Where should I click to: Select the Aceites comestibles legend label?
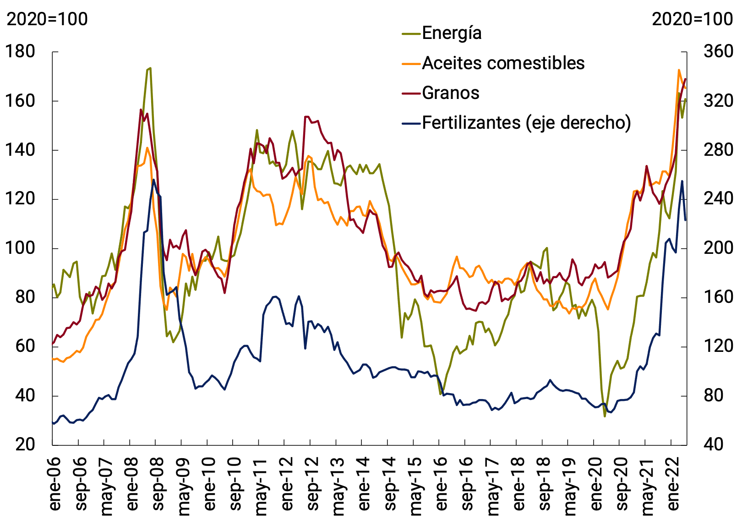click(503, 63)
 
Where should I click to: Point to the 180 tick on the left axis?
click(20, 52)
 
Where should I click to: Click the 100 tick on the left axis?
click(20, 248)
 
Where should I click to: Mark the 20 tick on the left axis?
click(25, 444)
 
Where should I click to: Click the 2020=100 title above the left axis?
click(47, 19)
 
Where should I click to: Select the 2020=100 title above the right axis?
click(692, 19)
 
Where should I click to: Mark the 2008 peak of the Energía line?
click(150, 68)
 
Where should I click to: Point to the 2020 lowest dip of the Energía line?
click(605, 416)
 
